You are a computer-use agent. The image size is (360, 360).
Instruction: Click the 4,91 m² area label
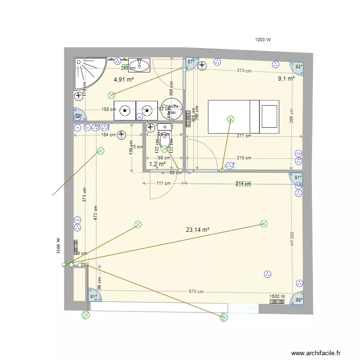(123, 80)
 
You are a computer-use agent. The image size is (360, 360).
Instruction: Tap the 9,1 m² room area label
(286, 79)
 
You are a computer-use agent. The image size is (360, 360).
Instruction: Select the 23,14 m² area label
(197, 230)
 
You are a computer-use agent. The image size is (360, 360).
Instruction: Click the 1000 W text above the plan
(263, 40)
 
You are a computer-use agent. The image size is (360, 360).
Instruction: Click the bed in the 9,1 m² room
(243, 117)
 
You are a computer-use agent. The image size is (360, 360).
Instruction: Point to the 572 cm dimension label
(196, 291)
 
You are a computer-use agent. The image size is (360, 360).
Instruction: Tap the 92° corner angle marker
(299, 67)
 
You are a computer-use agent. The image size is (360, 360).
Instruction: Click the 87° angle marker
(191, 62)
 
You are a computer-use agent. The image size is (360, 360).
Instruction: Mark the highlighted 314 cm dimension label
(243, 183)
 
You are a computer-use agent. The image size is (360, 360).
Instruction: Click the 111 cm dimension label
(163, 183)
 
